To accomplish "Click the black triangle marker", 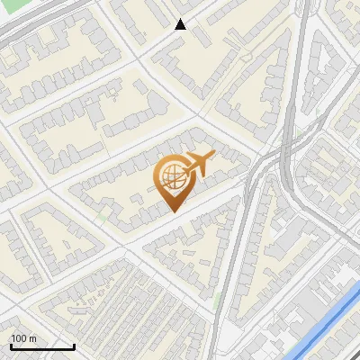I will pos(181,24).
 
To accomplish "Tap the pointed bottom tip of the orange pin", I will pos(172,211).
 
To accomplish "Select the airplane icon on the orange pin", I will pos(197,165).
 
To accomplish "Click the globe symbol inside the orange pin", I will pos(170,178).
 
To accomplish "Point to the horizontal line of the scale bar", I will pos(41,346).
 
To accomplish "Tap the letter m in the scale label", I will pos(34,338).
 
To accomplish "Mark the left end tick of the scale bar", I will pos(11,345).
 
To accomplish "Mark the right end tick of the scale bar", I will pos(73,345).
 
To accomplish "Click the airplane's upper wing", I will pos(193,157).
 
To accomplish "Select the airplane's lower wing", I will pos(200,173).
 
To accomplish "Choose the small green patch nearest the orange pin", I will pos(106,217).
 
